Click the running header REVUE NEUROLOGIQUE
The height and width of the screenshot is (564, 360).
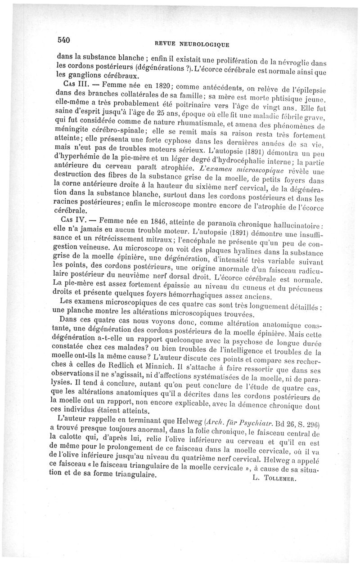click(191, 44)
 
